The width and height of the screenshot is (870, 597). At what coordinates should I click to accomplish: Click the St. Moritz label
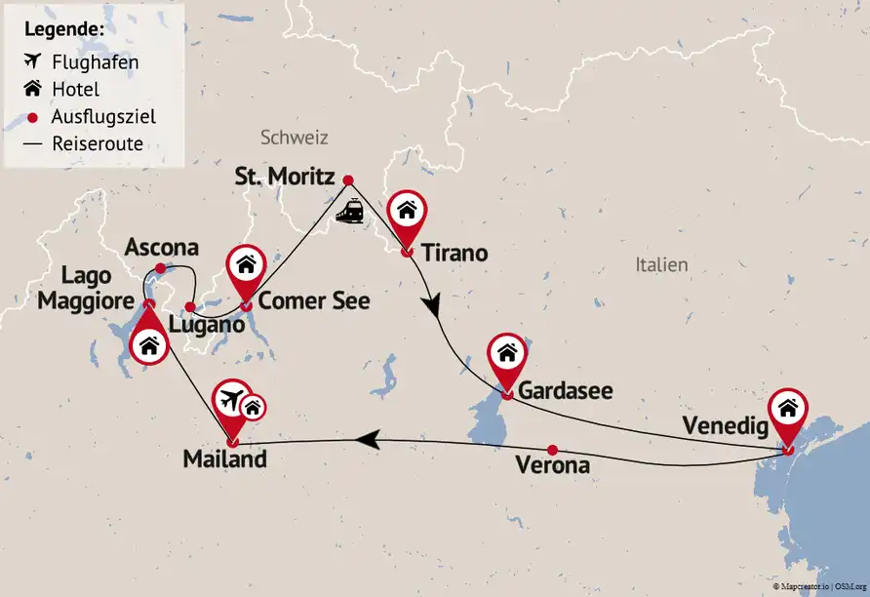[x=286, y=178]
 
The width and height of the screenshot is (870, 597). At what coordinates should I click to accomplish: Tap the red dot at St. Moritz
[x=348, y=179]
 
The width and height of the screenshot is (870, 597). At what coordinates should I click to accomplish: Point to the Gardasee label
[x=566, y=391]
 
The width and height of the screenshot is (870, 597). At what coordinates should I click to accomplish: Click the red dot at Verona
[x=552, y=450]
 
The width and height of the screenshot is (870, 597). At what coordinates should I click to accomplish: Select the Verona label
[x=552, y=466]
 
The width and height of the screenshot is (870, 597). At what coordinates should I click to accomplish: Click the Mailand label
[x=224, y=458]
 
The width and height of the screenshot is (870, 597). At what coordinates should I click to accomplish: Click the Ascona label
[x=162, y=248]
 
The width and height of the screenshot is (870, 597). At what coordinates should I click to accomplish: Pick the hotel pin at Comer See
[x=247, y=265]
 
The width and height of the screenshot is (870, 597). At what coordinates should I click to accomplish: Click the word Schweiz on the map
[x=295, y=138]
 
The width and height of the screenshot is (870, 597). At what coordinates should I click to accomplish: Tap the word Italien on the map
[x=661, y=264]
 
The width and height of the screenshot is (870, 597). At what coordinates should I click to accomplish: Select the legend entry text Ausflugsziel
[x=103, y=116]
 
